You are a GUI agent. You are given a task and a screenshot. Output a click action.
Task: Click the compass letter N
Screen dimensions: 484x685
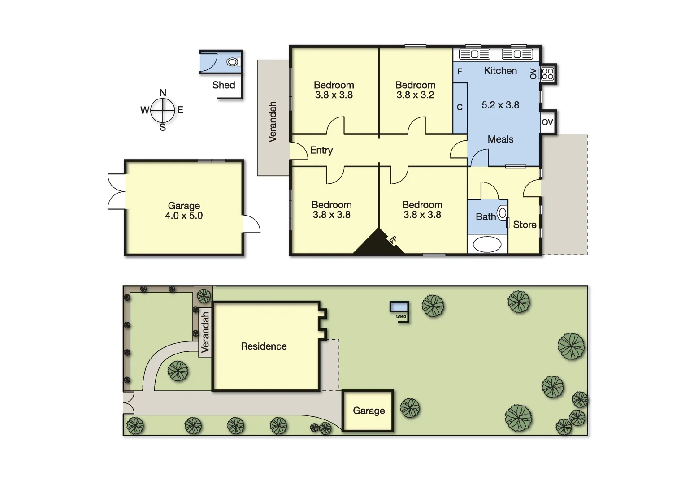point(163,93)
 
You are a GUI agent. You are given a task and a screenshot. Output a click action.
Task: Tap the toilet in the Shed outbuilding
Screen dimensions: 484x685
point(232,62)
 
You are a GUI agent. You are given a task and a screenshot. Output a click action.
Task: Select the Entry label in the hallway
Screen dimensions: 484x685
point(321,150)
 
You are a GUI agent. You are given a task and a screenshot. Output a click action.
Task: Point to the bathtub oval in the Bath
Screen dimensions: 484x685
point(487,245)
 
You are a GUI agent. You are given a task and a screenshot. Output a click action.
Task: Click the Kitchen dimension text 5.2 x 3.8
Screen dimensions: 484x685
point(500,105)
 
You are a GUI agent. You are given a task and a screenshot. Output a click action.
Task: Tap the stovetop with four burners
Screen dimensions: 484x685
point(547,74)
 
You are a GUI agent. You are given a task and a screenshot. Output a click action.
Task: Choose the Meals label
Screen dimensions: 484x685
point(500,139)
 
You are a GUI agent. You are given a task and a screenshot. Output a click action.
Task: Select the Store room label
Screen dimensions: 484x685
point(525,225)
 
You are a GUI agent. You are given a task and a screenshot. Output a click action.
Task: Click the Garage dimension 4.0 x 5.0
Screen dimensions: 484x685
point(184,216)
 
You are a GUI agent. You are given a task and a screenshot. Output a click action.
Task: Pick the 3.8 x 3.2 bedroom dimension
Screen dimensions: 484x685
point(415,95)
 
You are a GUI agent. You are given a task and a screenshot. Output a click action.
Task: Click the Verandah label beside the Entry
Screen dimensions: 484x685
point(273,122)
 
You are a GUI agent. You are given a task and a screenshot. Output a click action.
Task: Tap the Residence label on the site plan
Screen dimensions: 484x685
point(264,346)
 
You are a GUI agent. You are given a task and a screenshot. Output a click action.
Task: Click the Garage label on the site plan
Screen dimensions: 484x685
point(369,411)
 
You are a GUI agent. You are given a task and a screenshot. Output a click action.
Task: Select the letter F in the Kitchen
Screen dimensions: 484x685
point(460,72)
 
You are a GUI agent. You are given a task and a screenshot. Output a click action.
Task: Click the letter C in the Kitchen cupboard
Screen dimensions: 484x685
point(460,108)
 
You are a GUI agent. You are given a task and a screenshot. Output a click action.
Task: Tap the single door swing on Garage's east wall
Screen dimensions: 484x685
point(251,225)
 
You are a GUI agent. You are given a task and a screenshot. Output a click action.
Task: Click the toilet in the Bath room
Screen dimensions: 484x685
point(502,213)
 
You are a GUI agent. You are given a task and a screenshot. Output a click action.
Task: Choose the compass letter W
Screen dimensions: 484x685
point(144,110)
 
